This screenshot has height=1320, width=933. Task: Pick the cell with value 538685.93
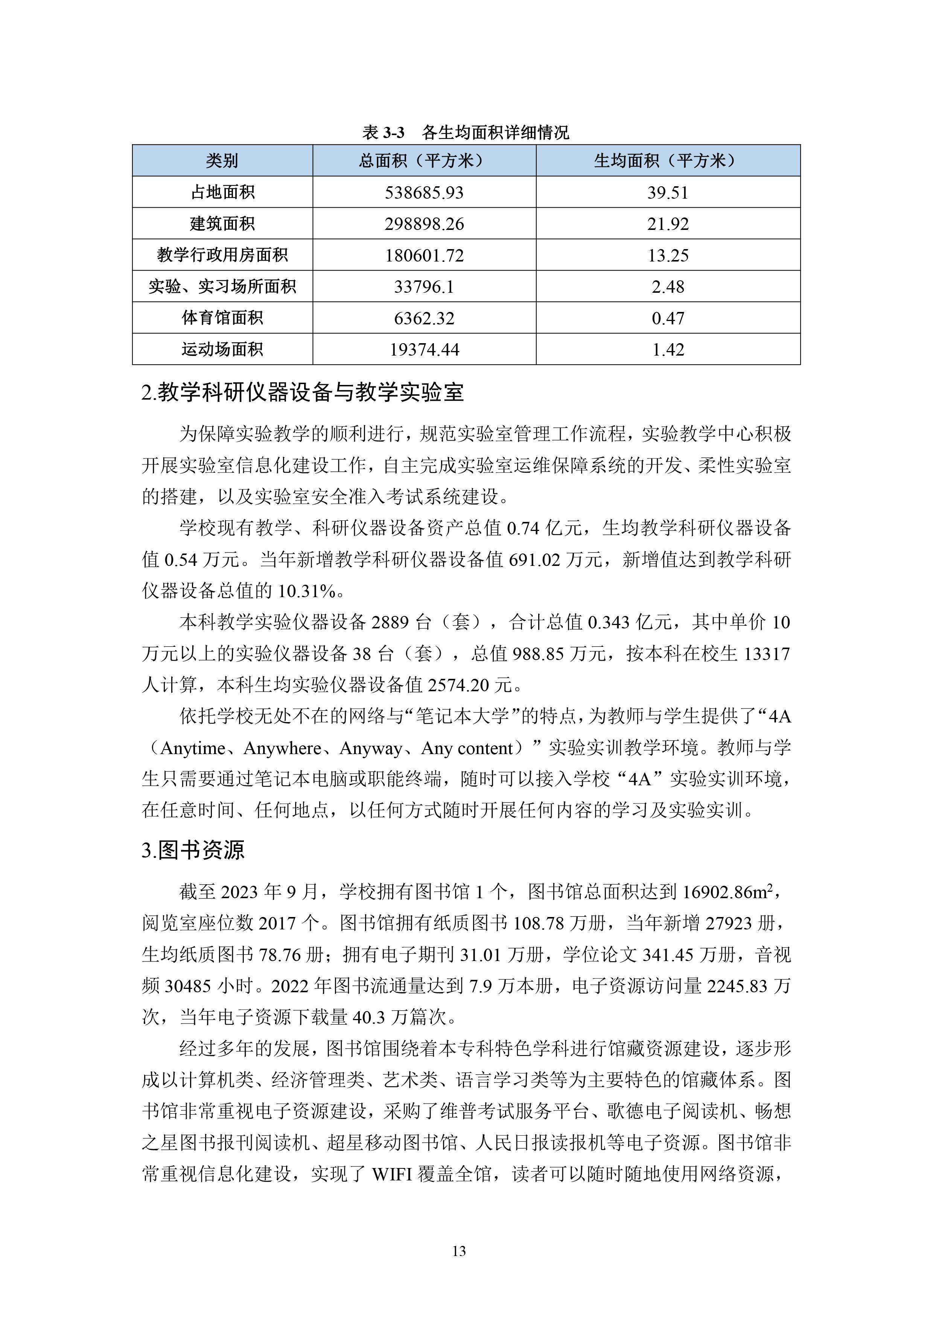click(424, 193)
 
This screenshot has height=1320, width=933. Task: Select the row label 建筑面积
click(222, 224)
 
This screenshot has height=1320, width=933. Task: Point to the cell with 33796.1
click(424, 287)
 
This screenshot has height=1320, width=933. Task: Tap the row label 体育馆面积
click(222, 318)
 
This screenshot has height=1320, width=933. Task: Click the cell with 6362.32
click(424, 318)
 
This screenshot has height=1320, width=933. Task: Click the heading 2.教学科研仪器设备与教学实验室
click(302, 393)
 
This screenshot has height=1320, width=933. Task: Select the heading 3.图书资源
click(193, 850)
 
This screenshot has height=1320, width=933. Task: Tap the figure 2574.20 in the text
click(458, 685)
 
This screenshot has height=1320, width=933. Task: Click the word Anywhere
click(282, 748)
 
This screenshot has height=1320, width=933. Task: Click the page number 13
click(459, 1251)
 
